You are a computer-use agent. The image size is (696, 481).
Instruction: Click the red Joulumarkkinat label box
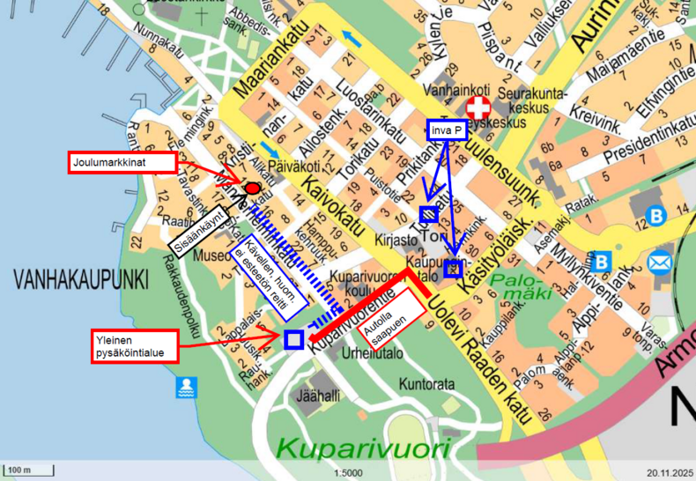[123, 162]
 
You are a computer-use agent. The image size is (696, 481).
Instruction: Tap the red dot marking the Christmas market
[252, 188]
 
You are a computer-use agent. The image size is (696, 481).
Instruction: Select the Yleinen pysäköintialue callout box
[134, 345]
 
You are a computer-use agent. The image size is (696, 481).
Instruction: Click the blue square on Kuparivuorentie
[294, 339]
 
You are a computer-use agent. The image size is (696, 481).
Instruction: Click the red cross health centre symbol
[478, 108]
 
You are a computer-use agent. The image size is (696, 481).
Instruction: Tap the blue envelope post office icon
[659, 262]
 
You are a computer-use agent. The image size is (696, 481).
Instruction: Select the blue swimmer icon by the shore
[186, 386]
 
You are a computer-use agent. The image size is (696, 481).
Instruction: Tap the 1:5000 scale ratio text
[348, 471]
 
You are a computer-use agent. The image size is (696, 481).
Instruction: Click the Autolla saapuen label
[388, 313]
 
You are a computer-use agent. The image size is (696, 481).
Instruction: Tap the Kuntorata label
[426, 385]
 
